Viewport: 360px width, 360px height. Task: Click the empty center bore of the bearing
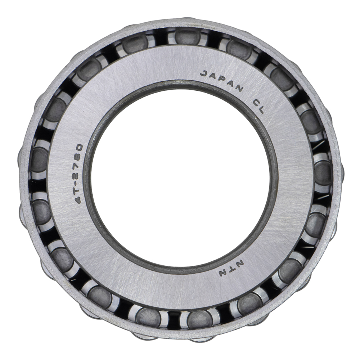[181, 175]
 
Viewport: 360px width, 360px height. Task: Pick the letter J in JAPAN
[204, 74]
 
